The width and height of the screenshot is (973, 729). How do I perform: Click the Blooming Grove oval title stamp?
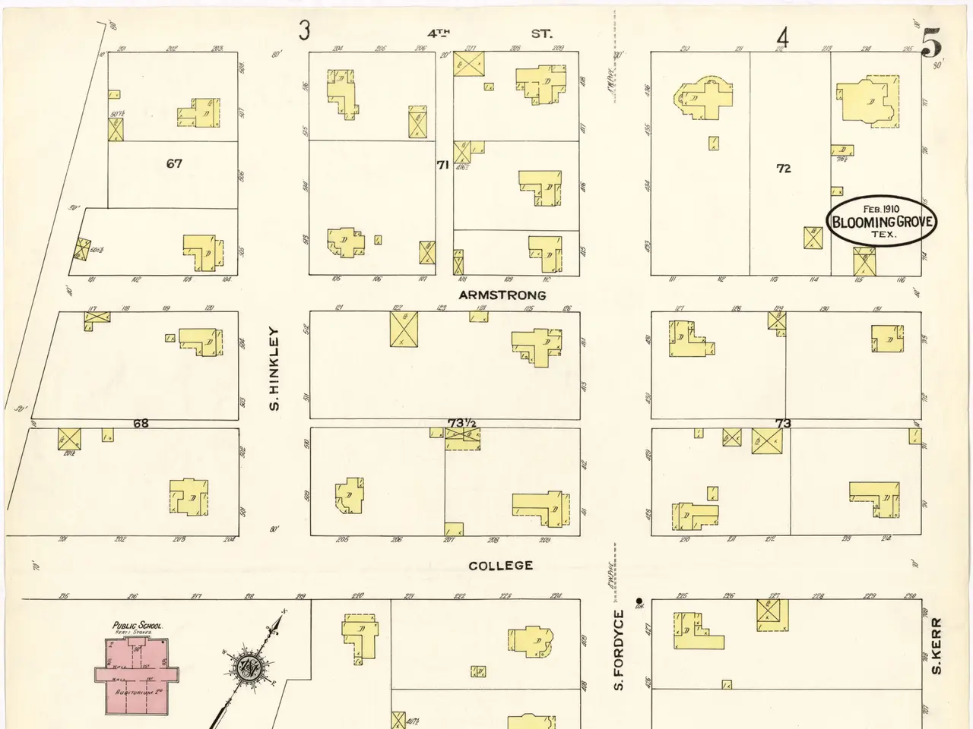[x=881, y=222]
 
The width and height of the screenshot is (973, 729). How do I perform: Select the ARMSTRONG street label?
[x=502, y=295]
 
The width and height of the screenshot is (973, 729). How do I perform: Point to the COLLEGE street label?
[x=500, y=566]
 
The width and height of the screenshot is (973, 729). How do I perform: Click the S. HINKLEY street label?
[x=275, y=369]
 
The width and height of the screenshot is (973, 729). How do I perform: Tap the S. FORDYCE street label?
[x=619, y=650]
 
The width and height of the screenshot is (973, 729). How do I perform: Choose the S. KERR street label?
[x=937, y=645]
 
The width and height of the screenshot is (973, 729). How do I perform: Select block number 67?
[x=174, y=163]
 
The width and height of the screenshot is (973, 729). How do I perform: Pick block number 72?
[x=784, y=169]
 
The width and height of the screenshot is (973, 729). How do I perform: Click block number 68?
[x=141, y=423]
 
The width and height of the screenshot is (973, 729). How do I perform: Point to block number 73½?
[x=461, y=423]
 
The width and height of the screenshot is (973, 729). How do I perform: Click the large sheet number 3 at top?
[x=305, y=31]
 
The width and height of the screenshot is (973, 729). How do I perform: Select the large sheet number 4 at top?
[x=782, y=37]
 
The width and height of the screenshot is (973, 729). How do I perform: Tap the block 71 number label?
[x=442, y=165]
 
